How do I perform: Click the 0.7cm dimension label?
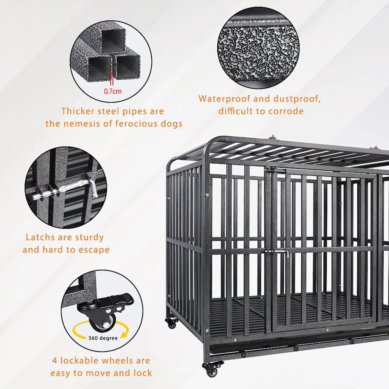(113, 91)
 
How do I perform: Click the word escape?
(94, 250)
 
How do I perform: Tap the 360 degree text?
(103, 338)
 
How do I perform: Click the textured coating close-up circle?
(258, 48)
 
